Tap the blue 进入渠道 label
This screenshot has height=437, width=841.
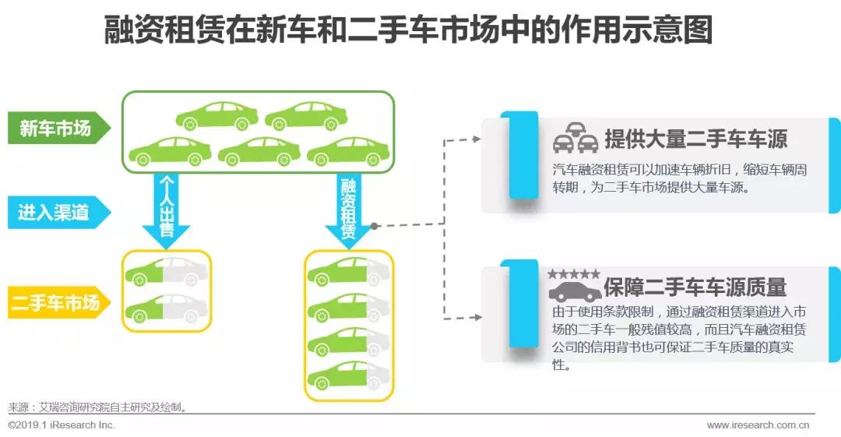point(55,212)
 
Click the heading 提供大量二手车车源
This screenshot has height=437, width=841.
point(695,139)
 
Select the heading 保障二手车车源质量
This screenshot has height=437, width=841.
point(695,287)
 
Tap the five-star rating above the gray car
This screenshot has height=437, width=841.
point(573,274)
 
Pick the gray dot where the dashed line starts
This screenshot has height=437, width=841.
point(375,226)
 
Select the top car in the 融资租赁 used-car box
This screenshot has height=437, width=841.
point(348,270)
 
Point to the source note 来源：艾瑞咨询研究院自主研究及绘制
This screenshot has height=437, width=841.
point(98,407)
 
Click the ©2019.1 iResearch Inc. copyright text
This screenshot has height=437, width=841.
point(62,425)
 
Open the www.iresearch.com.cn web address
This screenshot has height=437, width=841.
point(757,425)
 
